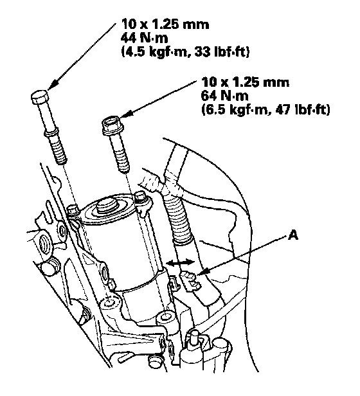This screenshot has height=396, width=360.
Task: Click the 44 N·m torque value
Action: (x=144, y=38)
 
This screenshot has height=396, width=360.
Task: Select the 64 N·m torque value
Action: (x=224, y=96)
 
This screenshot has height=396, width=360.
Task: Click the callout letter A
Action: (x=293, y=236)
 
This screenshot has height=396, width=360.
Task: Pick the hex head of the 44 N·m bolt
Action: (x=39, y=96)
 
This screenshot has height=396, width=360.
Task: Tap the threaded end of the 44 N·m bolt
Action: (x=58, y=148)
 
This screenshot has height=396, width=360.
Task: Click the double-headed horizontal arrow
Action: (x=181, y=263)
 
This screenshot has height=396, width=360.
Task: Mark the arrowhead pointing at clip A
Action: (x=203, y=272)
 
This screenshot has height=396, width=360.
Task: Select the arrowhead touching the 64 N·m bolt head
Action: (x=127, y=114)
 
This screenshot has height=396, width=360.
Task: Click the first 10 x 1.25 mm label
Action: (x=165, y=24)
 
